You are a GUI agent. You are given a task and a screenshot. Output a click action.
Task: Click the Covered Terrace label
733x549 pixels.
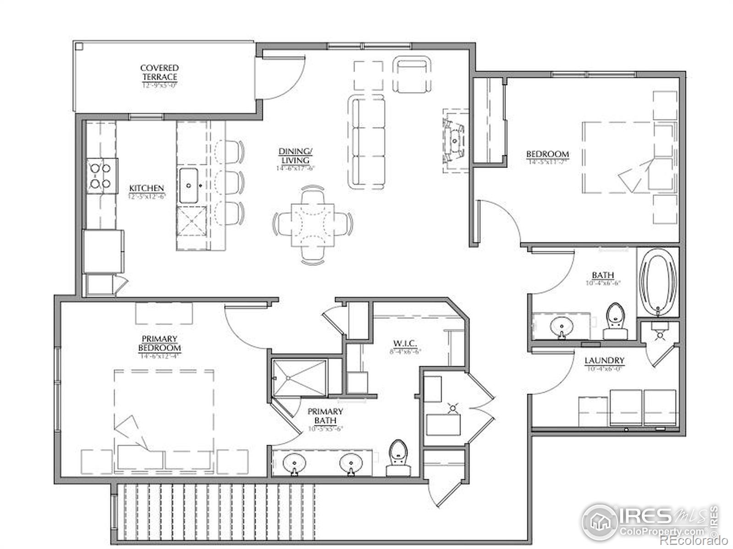click(x=159, y=73)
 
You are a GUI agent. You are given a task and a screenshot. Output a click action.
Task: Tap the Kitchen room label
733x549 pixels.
click(x=146, y=188)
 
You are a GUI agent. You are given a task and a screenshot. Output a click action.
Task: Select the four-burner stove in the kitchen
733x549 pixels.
click(x=100, y=176)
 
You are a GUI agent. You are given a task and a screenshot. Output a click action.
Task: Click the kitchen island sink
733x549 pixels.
click(x=188, y=186)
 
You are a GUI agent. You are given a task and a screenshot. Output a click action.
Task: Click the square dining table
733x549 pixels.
click(x=313, y=224)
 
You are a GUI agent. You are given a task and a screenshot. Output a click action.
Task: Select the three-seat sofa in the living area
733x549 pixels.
click(x=367, y=141)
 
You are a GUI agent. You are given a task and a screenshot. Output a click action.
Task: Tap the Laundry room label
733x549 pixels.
click(x=604, y=361)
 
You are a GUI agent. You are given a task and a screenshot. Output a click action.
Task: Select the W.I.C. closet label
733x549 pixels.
click(x=405, y=344)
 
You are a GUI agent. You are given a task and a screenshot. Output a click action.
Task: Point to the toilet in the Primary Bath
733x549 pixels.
click(x=398, y=457)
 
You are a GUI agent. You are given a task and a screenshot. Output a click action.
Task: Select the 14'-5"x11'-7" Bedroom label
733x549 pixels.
click(x=547, y=155)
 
